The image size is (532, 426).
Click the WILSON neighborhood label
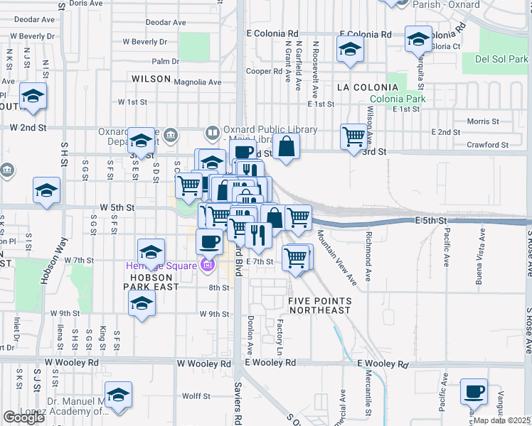pyautogui.click(x=151, y=79)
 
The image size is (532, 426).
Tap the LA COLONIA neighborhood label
pyautogui.click(x=368, y=87)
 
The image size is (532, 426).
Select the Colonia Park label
pyautogui.click(x=398, y=99)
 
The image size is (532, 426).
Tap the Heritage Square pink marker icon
pyautogui.click(x=207, y=266)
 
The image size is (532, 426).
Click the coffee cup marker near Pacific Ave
pyautogui.click(x=474, y=391)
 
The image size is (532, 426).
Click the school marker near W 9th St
pyautogui.click(x=142, y=303)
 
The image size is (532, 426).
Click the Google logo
pyautogui.click(x=23, y=417)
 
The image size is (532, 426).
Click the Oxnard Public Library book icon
pyautogui.click(x=212, y=133)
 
